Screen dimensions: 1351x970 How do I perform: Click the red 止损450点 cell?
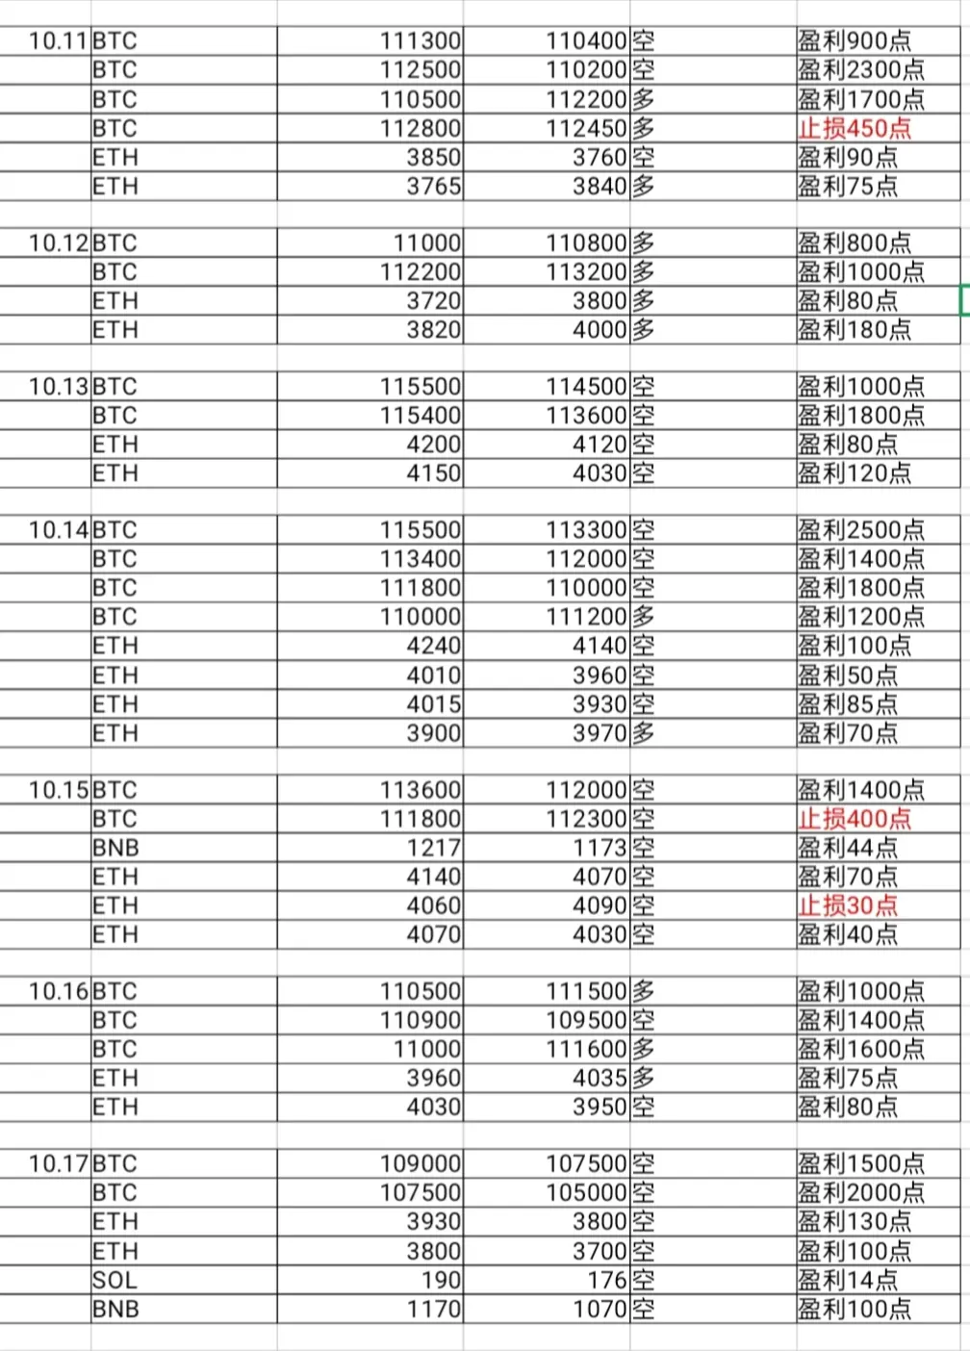[854, 128]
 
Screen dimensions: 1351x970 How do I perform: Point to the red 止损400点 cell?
[854, 819]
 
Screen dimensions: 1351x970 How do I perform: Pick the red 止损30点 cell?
[847, 905]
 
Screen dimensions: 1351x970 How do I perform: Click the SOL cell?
[115, 1280]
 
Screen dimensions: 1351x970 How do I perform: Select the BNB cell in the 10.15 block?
[115, 848]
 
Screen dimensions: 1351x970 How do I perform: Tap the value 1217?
[434, 848]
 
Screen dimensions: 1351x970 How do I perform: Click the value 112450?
[586, 128]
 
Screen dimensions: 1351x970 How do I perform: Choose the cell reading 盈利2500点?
[860, 529]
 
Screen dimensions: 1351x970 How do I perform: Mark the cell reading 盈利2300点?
[860, 69]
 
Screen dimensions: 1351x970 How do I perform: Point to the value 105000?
[586, 1192]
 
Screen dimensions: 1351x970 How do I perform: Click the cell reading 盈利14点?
[847, 1280]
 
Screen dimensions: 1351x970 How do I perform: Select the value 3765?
[434, 186]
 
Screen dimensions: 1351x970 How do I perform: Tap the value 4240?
[434, 645]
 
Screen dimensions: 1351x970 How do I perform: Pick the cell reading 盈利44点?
[847, 848]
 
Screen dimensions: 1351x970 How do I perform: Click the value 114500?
[586, 386]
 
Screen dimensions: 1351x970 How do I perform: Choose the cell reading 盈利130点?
[854, 1221]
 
